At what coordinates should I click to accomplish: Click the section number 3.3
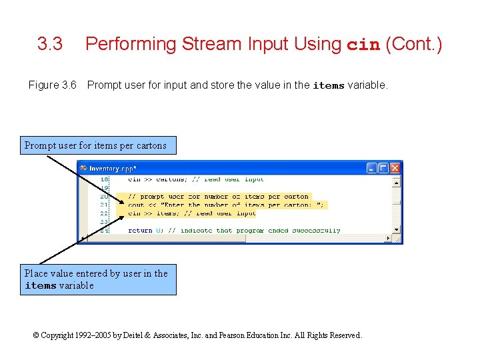pyautogui.click(x=50, y=45)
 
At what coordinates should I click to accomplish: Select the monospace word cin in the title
pyautogui.click(x=363, y=45)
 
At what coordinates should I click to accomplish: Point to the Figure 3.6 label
pyautogui.click(x=53, y=85)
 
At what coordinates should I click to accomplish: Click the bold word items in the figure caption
pyautogui.click(x=328, y=85)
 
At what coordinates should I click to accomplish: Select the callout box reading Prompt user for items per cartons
pyautogui.click(x=95, y=145)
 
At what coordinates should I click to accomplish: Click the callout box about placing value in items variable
pyautogui.click(x=97, y=279)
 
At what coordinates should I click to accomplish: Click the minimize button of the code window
pyautogui.click(x=372, y=168)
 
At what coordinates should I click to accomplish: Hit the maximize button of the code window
pyautogui.click(x=383, y=168)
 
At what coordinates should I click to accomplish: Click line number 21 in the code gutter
pyautogui.click(x=104, y=205)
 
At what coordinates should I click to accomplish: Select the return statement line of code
pyautogui.click(x=233, y=230)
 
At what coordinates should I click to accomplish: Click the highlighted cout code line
pyautogui.click(x=227, y=205)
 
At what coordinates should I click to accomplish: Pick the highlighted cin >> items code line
pyautogui.click(x=191, y=213)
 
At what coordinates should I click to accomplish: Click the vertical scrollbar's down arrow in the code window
pyautogui.click(x=397, y=229)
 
